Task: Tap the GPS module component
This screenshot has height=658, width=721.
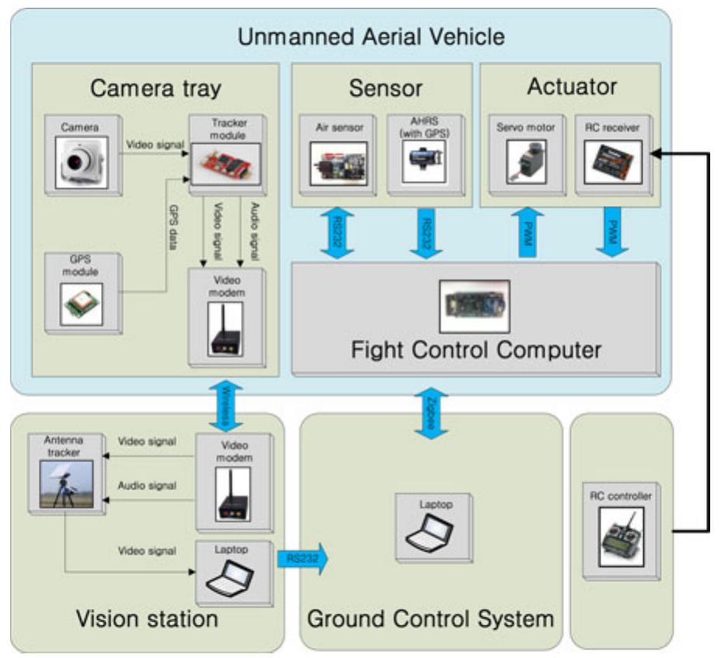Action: point(82,298)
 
